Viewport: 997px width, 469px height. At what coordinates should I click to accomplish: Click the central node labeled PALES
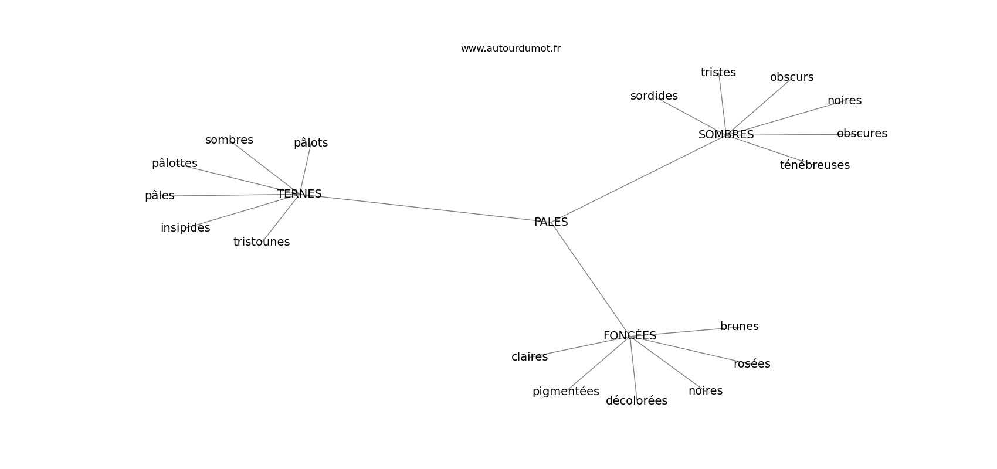point(551,222)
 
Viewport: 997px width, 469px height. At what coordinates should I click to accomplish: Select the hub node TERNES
point(299,194)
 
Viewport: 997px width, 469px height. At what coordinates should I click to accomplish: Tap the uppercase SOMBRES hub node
point(726,135)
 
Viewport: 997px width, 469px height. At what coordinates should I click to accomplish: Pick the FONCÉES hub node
point(630,335)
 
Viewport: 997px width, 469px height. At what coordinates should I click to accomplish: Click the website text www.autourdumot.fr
point(510,49)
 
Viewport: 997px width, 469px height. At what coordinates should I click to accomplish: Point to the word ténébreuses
point(815,165)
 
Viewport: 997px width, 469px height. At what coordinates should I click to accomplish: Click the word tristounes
point(261,242)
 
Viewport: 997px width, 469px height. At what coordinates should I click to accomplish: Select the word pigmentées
point(566,392)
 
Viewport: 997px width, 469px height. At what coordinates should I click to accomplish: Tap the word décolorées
point(636,400)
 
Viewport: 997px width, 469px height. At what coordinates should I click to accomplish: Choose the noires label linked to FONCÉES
point(706,390)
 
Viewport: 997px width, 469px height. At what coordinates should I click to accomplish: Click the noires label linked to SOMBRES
point(845,101)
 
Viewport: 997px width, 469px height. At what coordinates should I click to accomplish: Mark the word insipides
point(185,228)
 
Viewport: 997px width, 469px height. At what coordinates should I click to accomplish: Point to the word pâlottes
point(175,164)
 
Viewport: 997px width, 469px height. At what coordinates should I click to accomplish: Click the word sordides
point(654,96)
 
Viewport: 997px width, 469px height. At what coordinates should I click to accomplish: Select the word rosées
point(752,363)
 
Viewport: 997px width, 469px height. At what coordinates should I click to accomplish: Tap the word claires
point(529,357)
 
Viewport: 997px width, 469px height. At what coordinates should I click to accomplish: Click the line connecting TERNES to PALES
point(425,208)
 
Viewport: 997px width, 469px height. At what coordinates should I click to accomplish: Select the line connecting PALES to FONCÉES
point(591,279)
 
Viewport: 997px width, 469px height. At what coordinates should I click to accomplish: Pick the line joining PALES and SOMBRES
point(639,178)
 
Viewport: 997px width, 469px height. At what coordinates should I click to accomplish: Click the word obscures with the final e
point(862,134)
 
